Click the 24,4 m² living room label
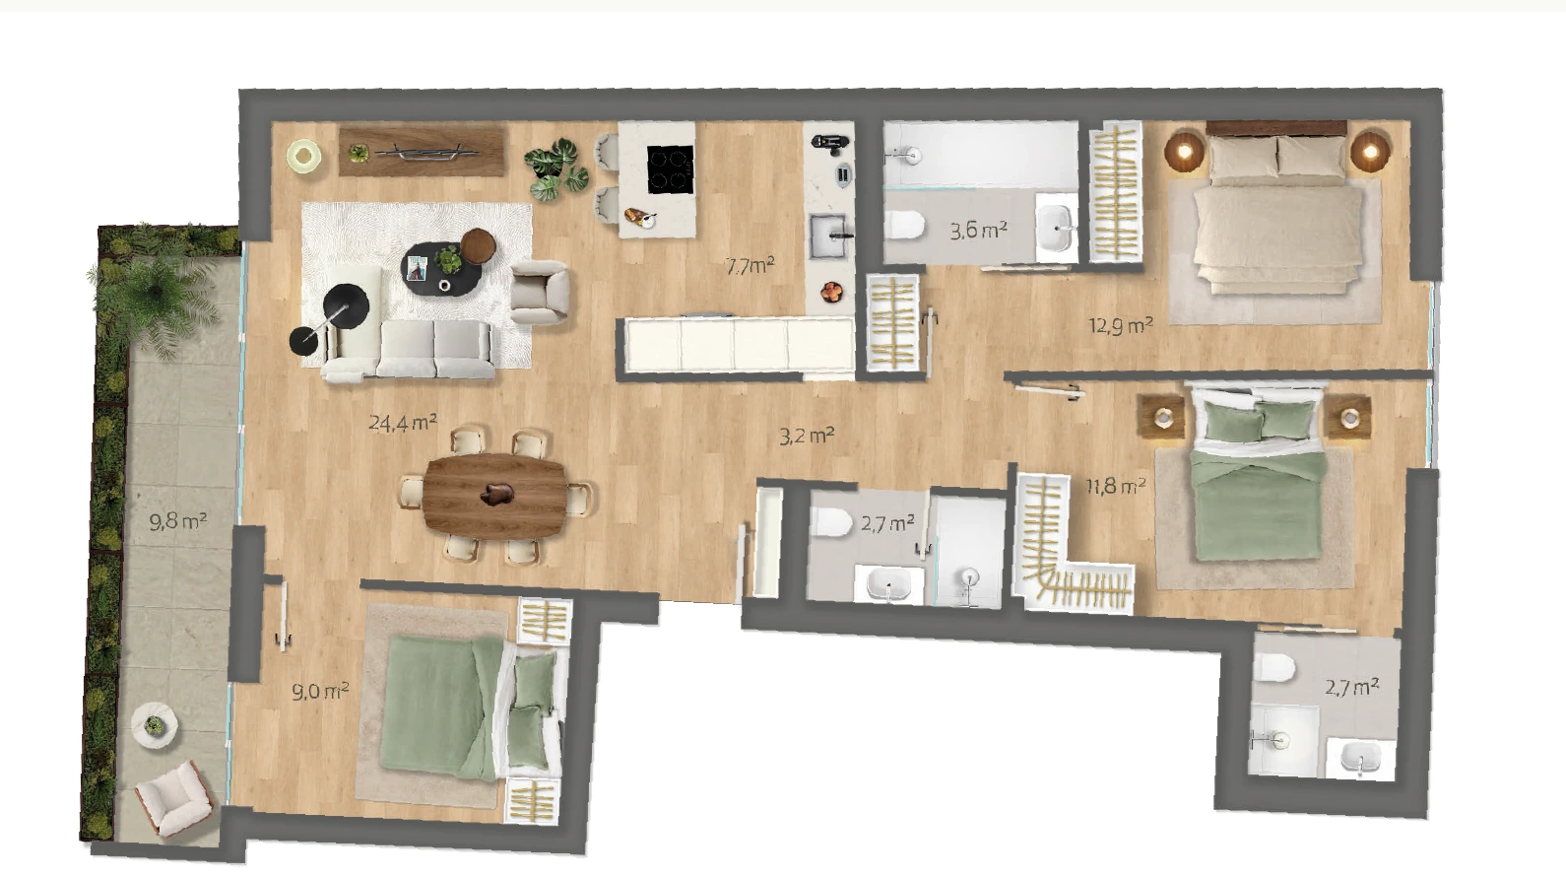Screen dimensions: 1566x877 [403, 423]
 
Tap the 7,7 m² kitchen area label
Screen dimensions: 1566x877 [750, 266]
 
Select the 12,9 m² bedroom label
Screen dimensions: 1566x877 [1121, 325]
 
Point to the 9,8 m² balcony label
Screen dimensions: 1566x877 [178, 521]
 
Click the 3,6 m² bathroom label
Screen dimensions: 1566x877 [978, 231]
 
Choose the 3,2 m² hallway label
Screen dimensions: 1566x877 [807, 437]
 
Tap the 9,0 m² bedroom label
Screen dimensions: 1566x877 [320, 692]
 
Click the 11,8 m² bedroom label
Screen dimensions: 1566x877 [1116, 486]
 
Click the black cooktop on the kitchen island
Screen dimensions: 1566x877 [671, 169]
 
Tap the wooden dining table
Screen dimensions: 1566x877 [495, 497]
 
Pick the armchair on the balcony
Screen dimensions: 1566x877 [174, 797]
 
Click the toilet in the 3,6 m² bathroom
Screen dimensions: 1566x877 [905, 226]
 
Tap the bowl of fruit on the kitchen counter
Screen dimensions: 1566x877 [832, 291]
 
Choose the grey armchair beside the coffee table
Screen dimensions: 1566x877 [540, 292]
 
